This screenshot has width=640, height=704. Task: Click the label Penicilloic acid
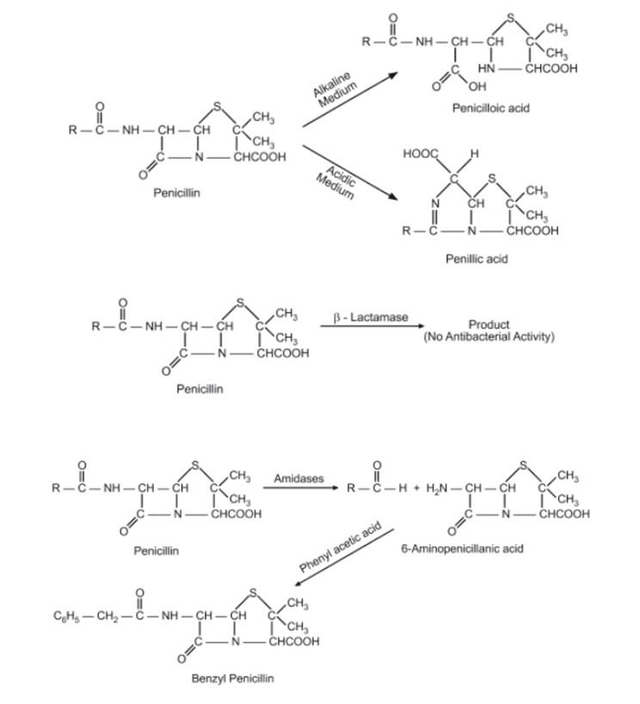click(491, 108)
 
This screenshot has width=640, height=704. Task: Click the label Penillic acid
click(476, 258)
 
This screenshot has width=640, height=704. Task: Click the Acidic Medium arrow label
click(336, 178)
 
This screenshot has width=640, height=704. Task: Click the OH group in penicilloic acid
click(477, 87)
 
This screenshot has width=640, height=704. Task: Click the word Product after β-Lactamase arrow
click(488, 325)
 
